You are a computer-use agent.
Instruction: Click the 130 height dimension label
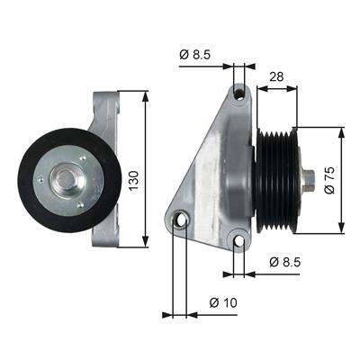pyautogui.click(x=134, y=180)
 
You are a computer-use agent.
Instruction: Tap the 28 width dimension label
pyautogui.click(x=276, y=77)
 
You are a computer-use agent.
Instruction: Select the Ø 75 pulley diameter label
pyautogui.click(x=329, y=180)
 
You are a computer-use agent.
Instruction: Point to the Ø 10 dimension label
pyautogui.click(x=223, y=302)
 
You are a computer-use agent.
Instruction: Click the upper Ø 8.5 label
pyautogui.click(x=195, y=55)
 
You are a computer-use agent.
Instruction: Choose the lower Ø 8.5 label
pyautogui.click(x=284, y=262)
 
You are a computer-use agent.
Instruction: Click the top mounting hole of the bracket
pyautogui.click(x=240, y=94)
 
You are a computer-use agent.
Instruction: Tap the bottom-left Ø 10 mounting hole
pyautogui.click(x=181, y=220)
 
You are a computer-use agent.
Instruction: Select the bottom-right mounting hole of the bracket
pyautogui.click(x=239, y=241)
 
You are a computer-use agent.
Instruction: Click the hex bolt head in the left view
pyautogui.click(x=66, y=180)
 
